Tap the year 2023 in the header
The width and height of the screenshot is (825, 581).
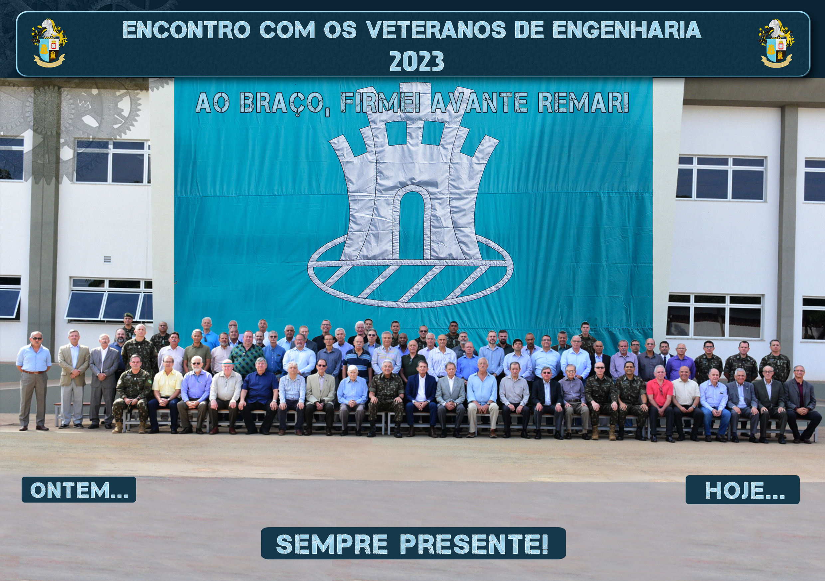(x=417, y=61)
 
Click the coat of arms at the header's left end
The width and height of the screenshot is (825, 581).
(x=49, y=43)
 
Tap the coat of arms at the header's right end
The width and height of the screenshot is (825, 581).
(x=776, y=43)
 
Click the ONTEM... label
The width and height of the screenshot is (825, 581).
(x=79, y=490)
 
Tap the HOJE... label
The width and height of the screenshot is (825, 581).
(x=742, y=490)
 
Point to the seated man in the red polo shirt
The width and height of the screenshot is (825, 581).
(x=660, y=402)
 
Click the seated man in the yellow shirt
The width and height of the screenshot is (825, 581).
(x=166, y=393)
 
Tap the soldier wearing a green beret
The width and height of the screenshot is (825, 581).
(x=128, y=325)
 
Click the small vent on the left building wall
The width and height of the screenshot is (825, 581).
(x=107, y=260)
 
